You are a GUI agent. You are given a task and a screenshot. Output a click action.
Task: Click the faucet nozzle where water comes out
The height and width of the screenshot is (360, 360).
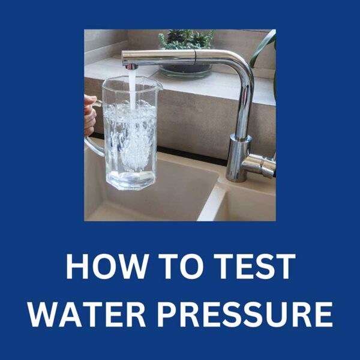click(x=131, y=65)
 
